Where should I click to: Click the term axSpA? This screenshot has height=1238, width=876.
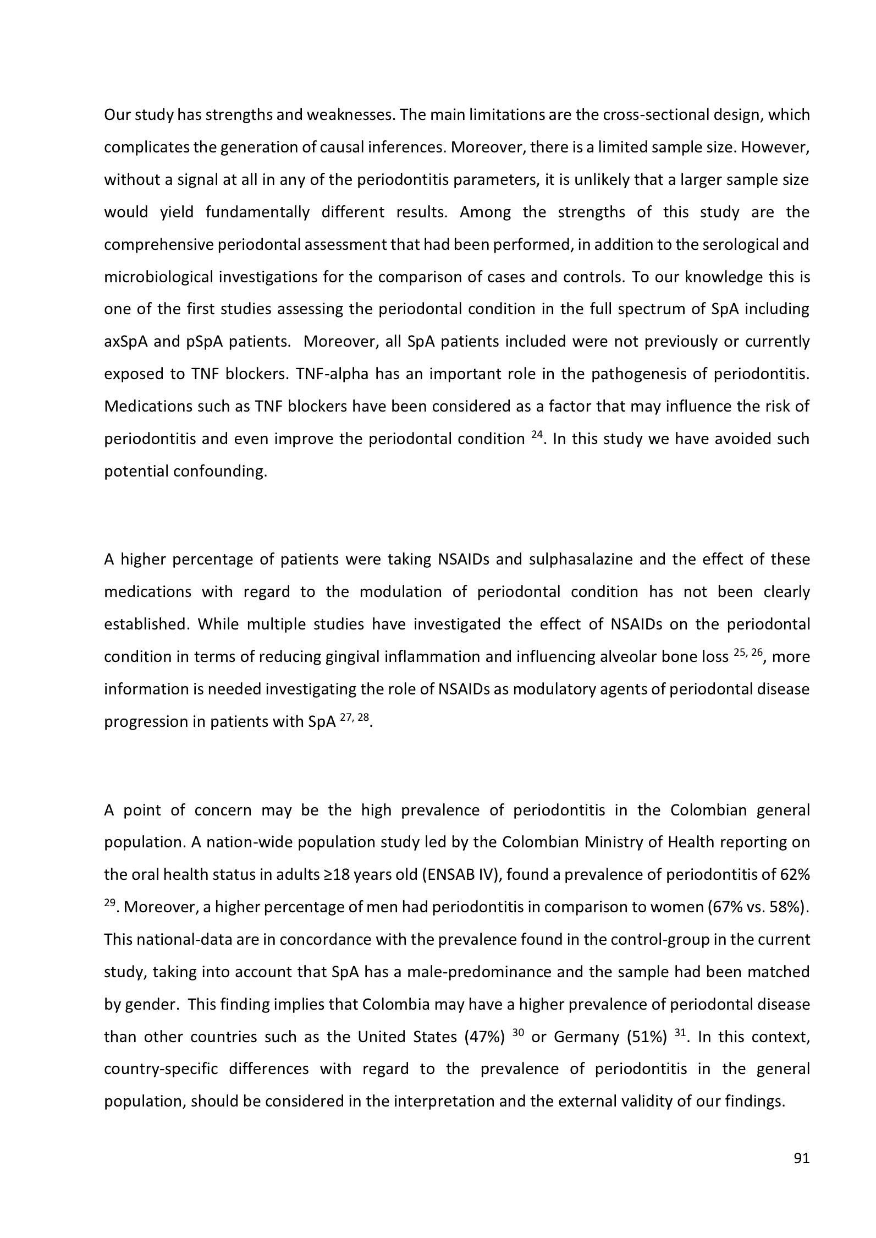pos(126,342)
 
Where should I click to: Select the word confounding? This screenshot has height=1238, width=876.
pos(220,472)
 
